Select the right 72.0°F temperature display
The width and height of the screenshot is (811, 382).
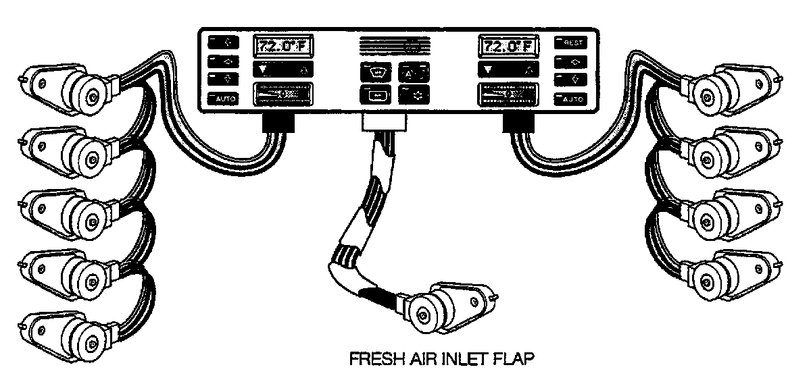(506, 47)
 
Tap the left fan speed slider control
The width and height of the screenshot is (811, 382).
(283, 94)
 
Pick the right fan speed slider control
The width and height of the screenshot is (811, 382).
(507, 94)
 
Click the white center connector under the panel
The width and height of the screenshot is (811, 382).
(385, 122)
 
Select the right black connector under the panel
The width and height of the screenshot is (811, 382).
(522, 122)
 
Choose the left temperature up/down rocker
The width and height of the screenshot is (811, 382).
(283, 69)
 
